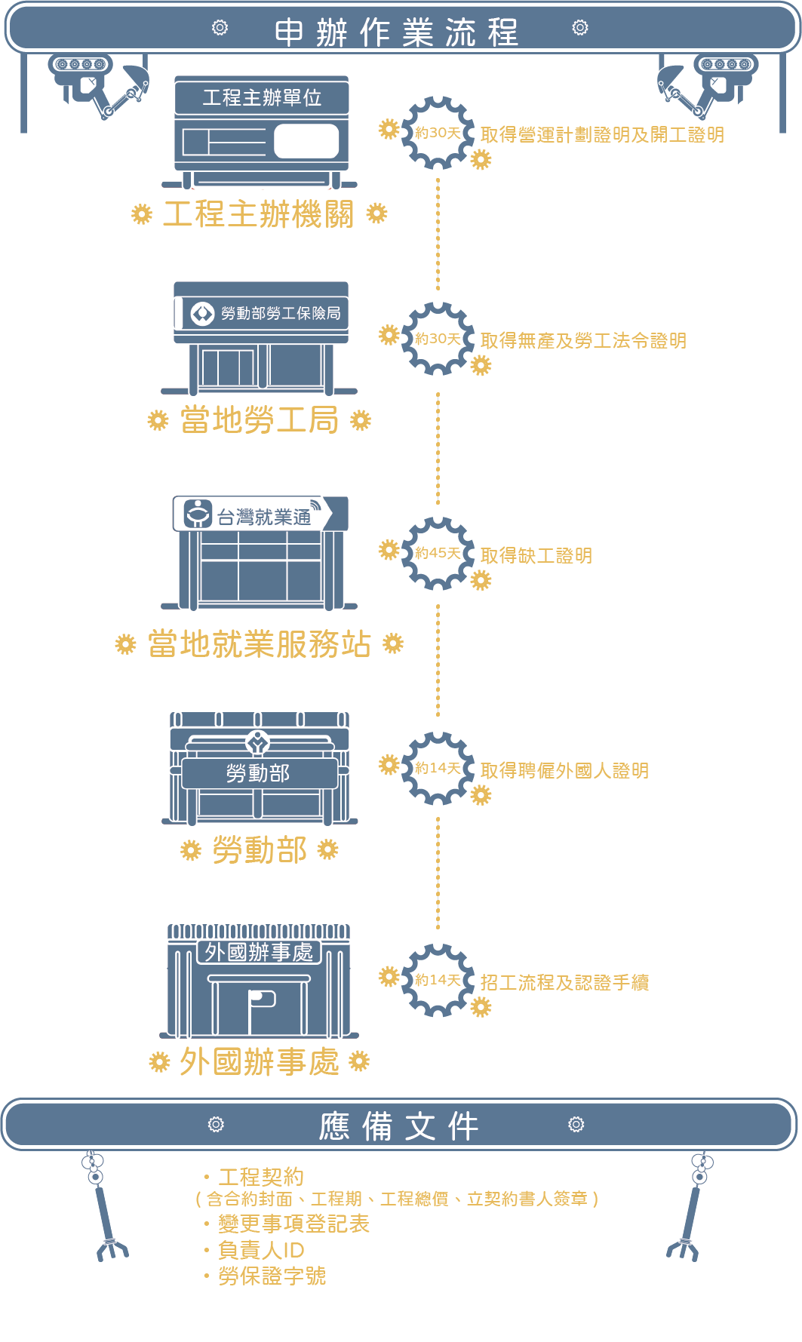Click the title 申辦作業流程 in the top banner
point(397,32)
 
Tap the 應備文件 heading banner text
point(398,1126)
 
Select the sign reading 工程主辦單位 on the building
point(262,97)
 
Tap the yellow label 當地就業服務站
point(259,644)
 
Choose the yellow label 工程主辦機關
point(259,214)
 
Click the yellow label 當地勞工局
point(259,420)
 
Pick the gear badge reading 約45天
point(438,553)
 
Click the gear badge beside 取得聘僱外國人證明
point(438,768)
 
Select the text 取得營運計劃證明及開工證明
point(602,135)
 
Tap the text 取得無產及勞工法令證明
point(583,341)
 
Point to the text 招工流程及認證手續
point(564,983)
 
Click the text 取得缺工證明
point(536,556)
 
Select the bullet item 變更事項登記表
point(293,1224)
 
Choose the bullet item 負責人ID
point(261,1250)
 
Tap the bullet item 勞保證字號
point(272,1276)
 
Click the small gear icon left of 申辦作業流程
point(220,28)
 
